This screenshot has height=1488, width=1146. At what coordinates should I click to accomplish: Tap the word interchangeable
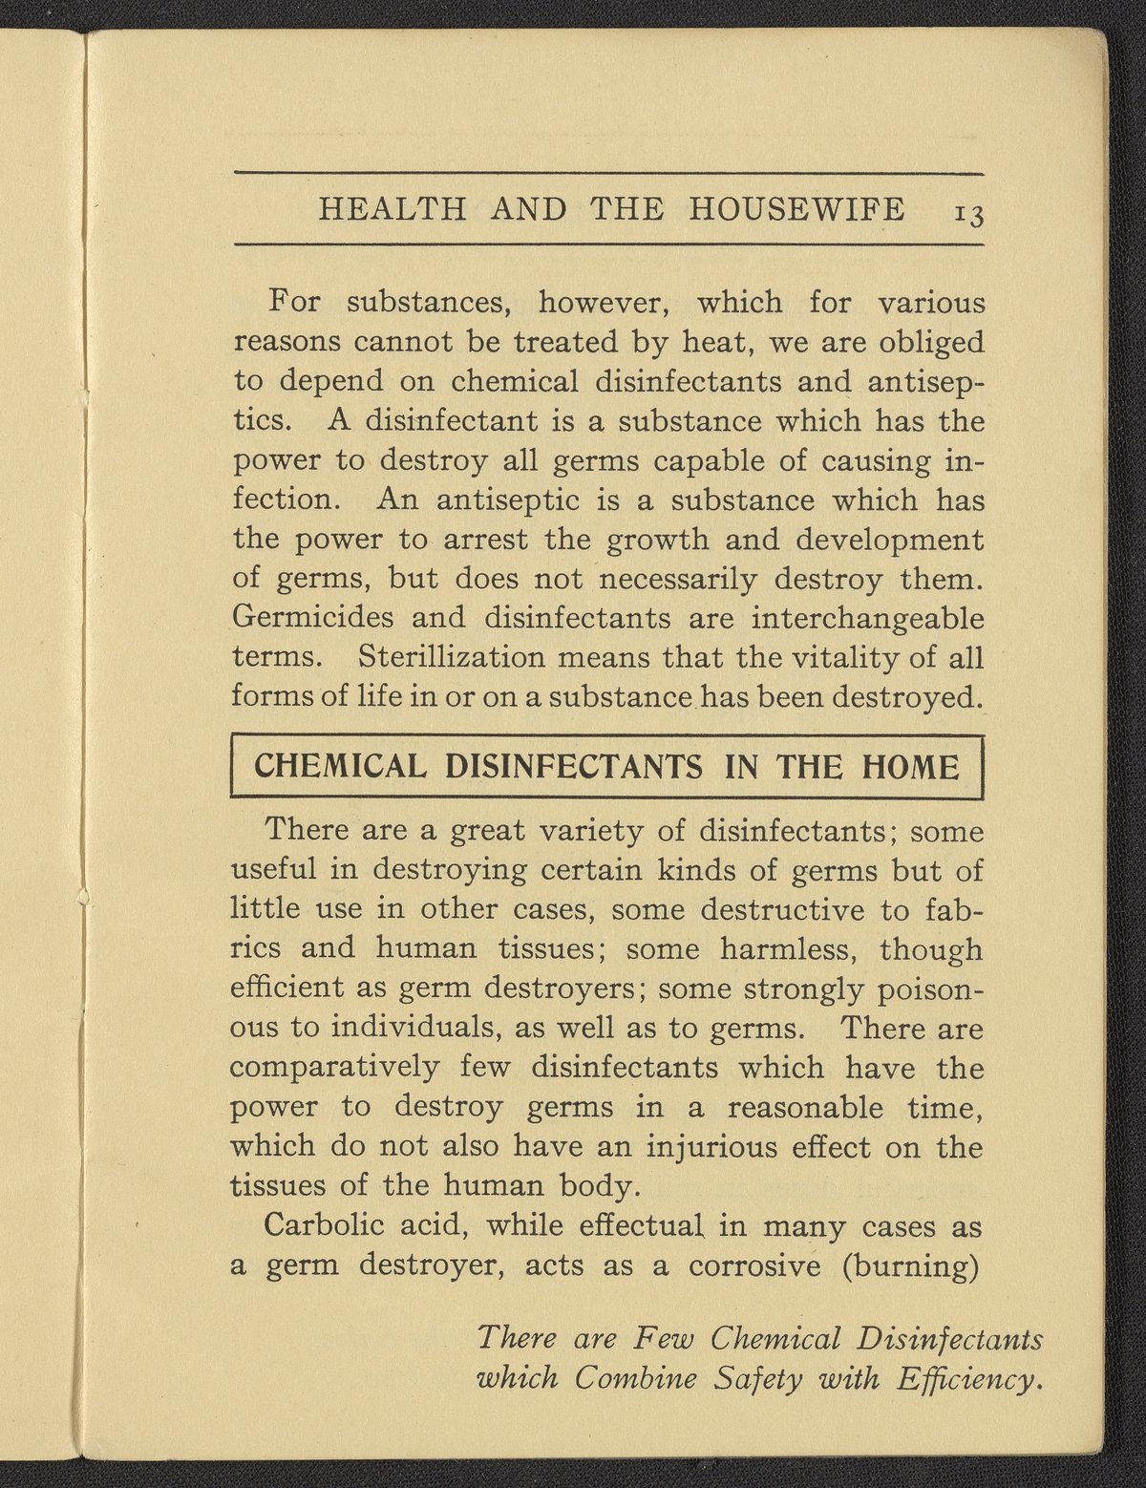(x=867, y=618)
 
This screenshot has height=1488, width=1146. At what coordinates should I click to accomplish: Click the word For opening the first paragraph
(x=292, y=303)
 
